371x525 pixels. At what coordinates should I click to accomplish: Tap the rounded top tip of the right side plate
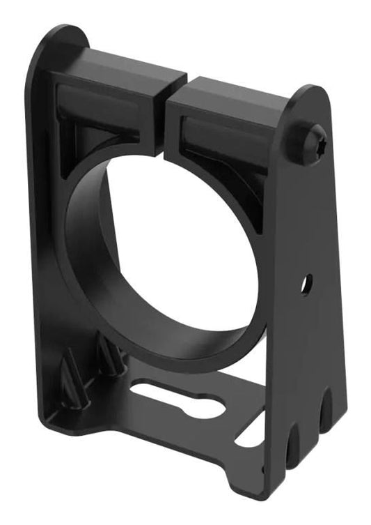(314, 93)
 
